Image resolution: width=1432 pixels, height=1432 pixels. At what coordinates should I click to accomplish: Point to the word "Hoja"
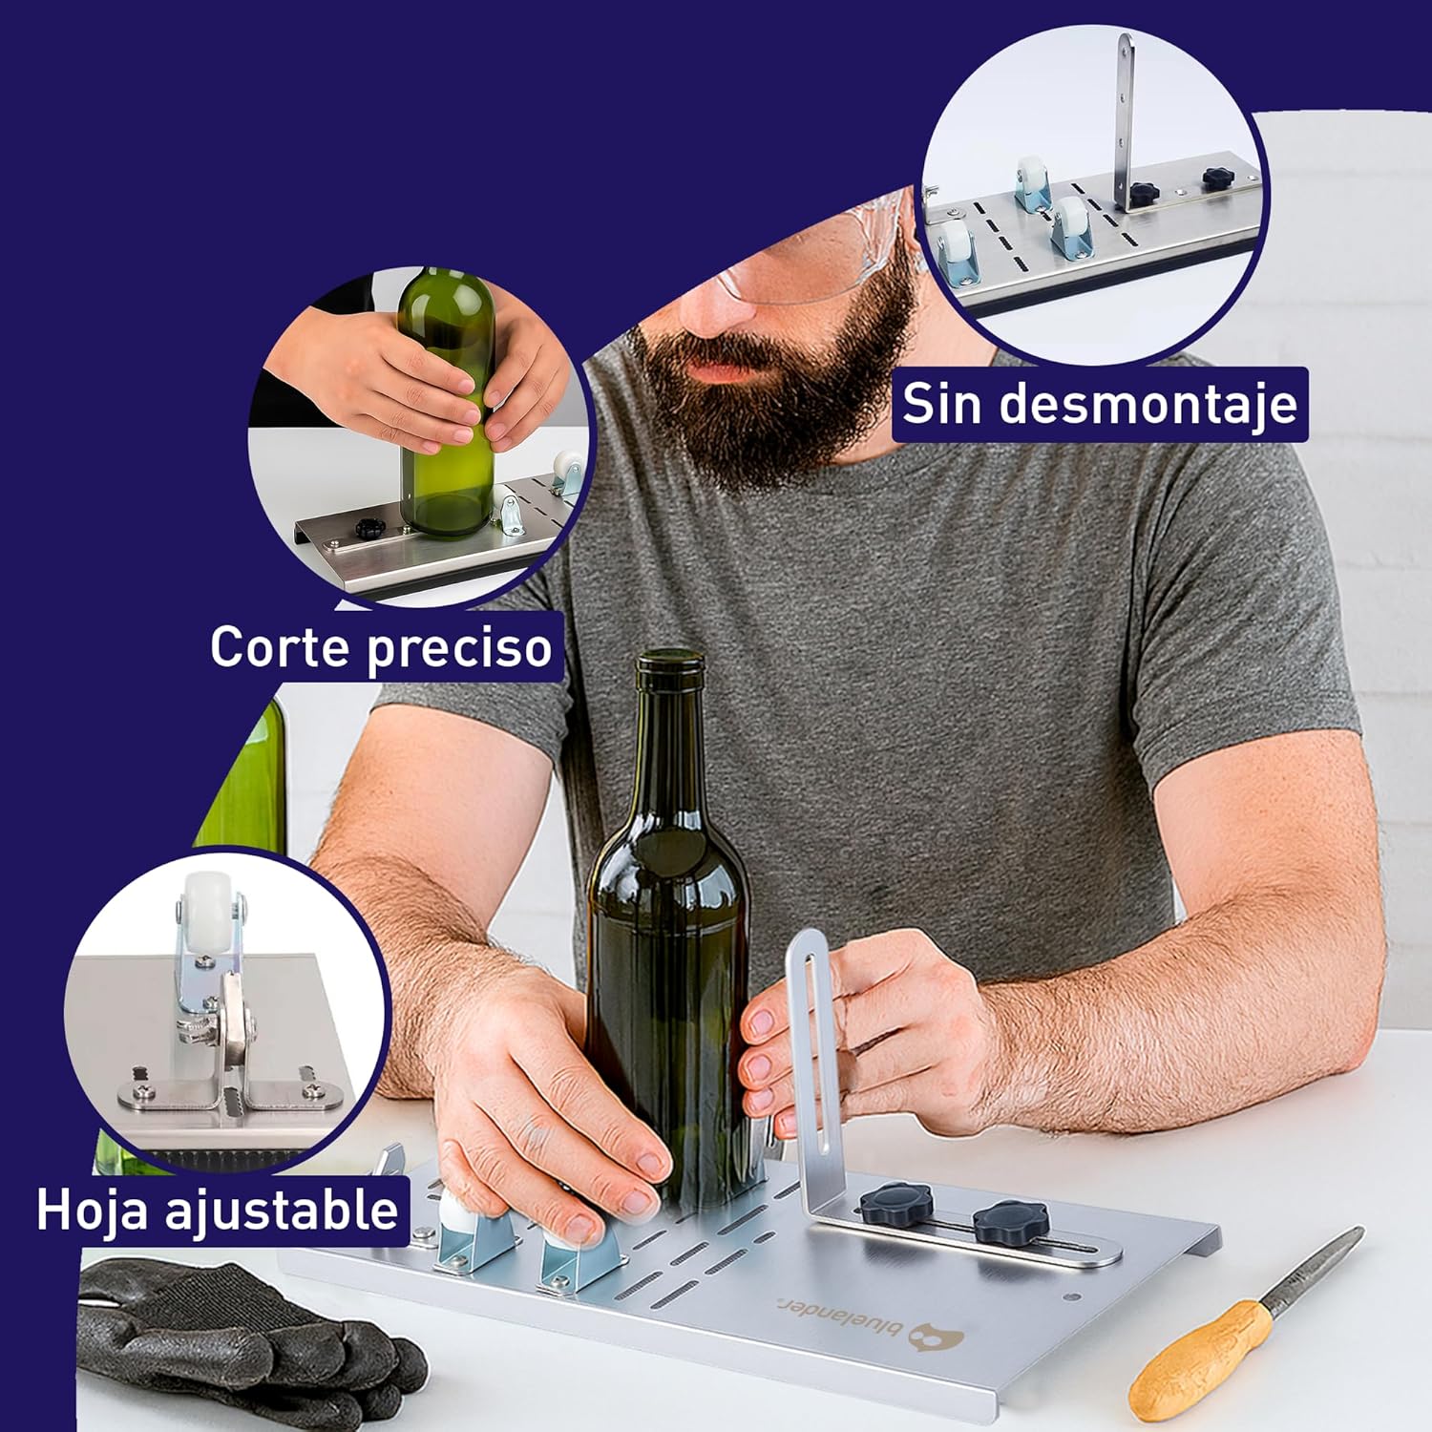pos(92,1210)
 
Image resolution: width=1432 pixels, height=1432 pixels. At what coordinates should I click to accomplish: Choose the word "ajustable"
pos(282,1210)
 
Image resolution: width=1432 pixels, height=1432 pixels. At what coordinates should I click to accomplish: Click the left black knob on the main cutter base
pos(897,1200)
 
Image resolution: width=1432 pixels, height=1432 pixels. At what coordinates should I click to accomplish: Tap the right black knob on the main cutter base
pos(1010,1222)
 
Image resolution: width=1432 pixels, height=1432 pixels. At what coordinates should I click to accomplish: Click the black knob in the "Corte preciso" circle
pos(369,528)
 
